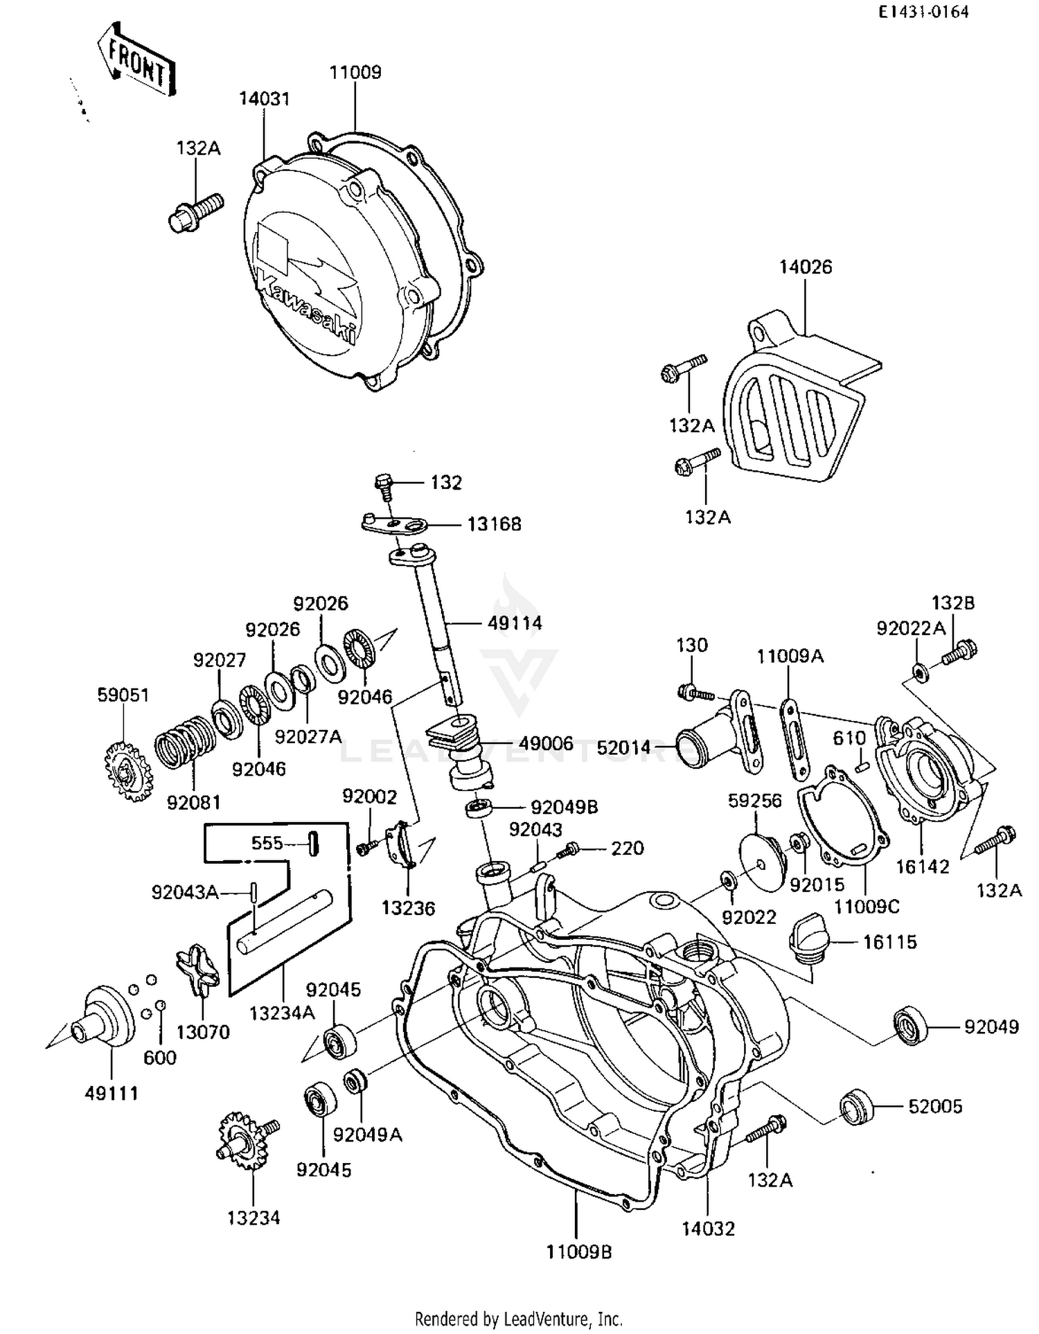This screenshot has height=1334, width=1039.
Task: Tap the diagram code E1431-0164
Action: click(x=923, y=12)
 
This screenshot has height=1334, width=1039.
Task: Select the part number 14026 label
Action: click(x=805, y=267)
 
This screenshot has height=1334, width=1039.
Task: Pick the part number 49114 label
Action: click(x=515, y=623)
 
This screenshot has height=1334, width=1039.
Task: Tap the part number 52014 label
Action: click(x=624, y=747)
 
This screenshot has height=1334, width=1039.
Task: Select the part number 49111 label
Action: click(x=112, y=1094)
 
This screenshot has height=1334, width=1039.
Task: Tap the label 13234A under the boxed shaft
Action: click(x=282, y=1013)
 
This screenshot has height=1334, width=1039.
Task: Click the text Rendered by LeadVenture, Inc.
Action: click(x=518, y=1318)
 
